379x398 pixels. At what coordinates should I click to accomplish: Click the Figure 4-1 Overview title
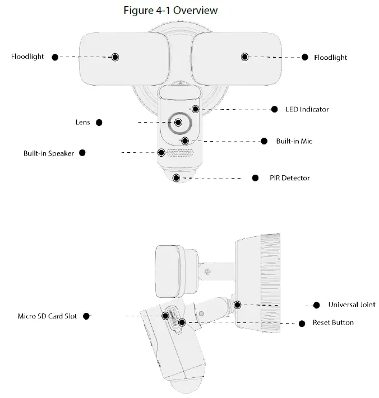click(x=169, y=10)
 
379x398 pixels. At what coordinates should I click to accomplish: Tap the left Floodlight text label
click(x=27, y=57)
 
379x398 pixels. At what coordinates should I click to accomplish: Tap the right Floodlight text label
click(x=331, y=57)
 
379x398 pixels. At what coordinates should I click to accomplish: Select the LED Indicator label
click(x=307, y=109)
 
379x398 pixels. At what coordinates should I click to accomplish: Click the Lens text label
click(x=82, y=122)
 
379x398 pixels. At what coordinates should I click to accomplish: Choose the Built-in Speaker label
click(x=49, y=153)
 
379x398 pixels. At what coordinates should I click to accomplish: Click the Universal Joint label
click(x=352, y=305)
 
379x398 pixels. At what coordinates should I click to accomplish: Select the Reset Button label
click(x=334, y=322)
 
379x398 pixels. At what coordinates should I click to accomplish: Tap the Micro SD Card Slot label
click(x=47, y=316)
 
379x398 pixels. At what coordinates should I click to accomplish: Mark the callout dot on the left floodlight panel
click(x=115, y=57)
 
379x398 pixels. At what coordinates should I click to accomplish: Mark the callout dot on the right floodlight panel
click(x=244, y=57)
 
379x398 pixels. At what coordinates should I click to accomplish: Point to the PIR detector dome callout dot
click(x=177, y=178)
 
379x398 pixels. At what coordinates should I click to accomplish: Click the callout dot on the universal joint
click(x=238, y=305)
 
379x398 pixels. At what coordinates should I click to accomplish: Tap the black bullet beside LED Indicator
click(x=275, y=109)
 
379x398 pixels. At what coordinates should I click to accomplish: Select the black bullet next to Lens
click(x=99, y=122)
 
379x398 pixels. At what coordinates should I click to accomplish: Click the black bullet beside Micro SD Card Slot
click(x=86, y=316)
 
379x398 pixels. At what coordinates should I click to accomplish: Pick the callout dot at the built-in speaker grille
click(x=161, y=152)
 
